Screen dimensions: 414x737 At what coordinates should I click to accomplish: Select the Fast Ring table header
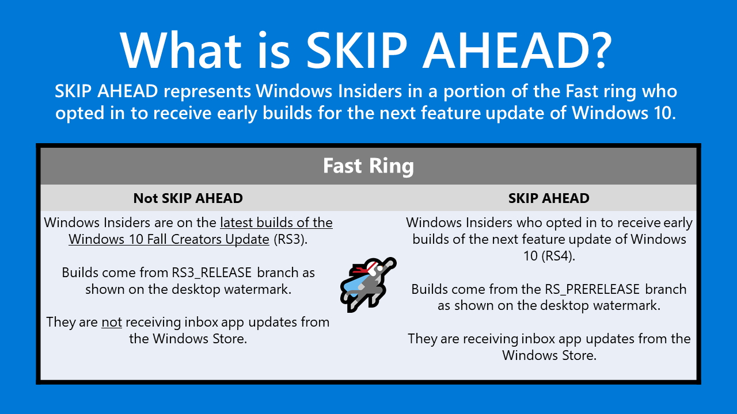(x=368, y=166)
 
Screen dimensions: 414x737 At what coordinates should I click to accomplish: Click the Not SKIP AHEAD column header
(x=188, y=198)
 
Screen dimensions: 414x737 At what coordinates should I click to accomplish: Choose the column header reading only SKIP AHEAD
(x=549, y=198)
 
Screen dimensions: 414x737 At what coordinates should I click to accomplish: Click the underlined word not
(x=112, y=323)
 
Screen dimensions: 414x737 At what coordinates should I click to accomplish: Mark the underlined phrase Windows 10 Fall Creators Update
(x=169, y=239)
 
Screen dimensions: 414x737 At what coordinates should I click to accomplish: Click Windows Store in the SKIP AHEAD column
(x=549, y=355)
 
